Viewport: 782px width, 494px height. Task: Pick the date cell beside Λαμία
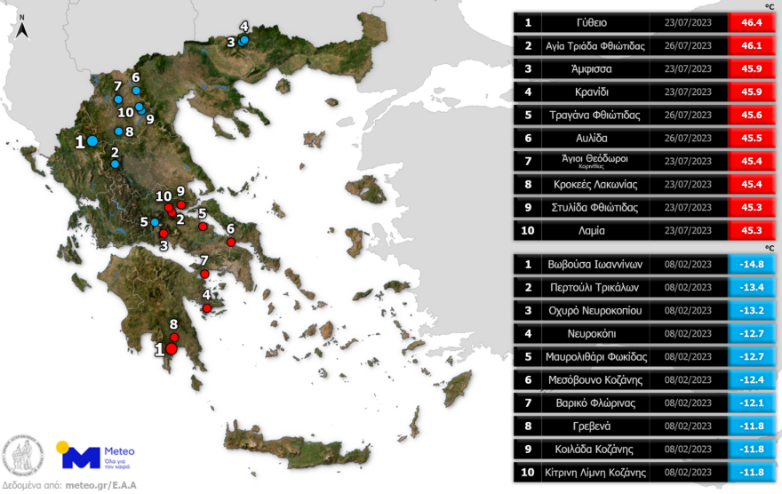tap(688, 229)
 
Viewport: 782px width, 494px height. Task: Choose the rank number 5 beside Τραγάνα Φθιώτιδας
tap(528, 115)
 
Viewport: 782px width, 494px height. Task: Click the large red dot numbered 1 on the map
tap(172, 350)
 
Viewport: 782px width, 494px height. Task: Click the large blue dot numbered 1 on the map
tap(92, 140)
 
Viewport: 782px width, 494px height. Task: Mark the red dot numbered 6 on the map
tap(231, 242)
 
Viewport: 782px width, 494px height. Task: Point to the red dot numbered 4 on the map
tap(207, 308)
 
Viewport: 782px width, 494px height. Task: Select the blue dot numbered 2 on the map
tap(115, 164)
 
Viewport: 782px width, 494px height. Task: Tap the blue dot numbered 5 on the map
tap(155, 221)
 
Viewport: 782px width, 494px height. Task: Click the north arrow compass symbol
tap(23, 31)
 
